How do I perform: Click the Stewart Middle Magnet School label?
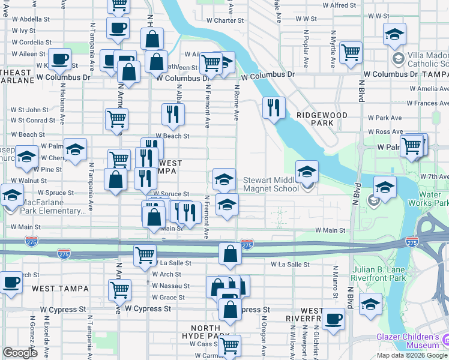(x=270, y=184)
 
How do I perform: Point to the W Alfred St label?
(x=339, y=5)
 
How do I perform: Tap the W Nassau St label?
(x=170, y=286)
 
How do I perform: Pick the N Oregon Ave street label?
(x=264, y=337)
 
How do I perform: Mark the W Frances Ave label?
(x=427, y=103)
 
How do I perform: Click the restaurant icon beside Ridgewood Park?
(x=273, y=108)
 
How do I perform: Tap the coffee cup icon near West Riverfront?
(x=333, y=319)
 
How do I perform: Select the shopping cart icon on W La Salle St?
(x=145, y=255)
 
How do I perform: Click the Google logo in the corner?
(x=20, y=353)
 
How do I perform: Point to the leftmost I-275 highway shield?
(x=32, y=241)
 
